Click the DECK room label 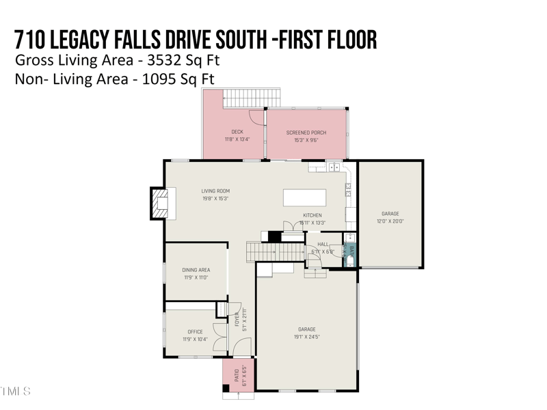(237, 132)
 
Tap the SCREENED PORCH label (306, 132)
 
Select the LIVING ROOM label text (215, 191)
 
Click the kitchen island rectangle (305, 197)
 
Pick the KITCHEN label (312, 215)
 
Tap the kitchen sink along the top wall (334, 167)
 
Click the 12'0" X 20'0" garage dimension (390, 221)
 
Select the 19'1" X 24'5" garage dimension (307, 337)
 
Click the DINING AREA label (196, 270)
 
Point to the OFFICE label (195, 332)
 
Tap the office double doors (219, 336)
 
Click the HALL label (323, 244)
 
